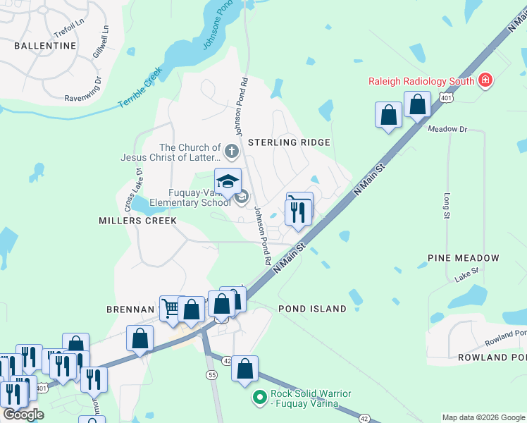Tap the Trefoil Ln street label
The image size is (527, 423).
click(68, 33)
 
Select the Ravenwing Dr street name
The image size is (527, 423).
click(83, 98)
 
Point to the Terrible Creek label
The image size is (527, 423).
click(140, 87)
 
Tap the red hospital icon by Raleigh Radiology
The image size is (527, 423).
click(485, 81)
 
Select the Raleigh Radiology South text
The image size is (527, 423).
click(421, 81)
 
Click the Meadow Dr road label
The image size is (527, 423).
click(447, 129)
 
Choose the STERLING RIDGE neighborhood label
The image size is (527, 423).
click(289, 142)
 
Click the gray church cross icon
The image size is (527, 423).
click(231, 151)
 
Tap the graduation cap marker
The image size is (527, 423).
click(228, 182)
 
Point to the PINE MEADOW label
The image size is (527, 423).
click(464, 259)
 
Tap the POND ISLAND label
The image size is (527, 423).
click(312, 309)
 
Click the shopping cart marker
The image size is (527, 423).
click(171, 307)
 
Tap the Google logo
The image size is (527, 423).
click(23, 414)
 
